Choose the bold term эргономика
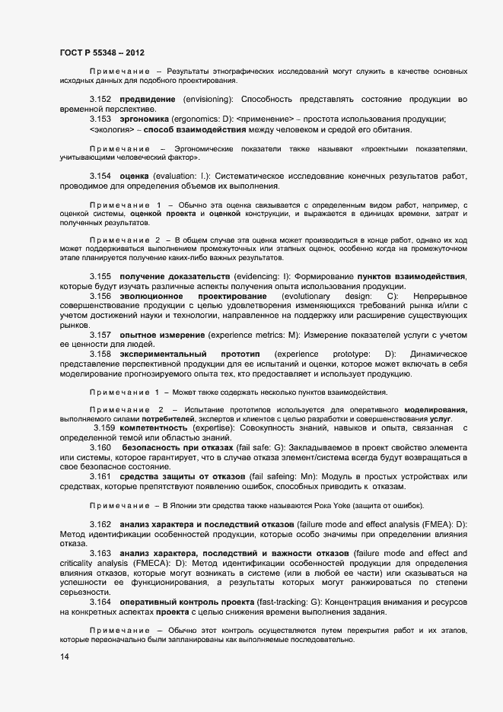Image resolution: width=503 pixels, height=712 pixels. pyautogui.click(x=146, y=119)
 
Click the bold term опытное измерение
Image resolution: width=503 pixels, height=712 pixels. pyautogui.click(x=162, y=335)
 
